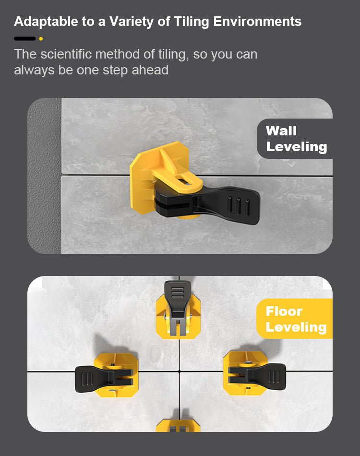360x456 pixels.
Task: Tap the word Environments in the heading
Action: click(x=257, y=22)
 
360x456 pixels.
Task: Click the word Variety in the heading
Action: click(x=132, y=22)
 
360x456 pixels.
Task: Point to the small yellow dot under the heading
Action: click(x=41, y=39)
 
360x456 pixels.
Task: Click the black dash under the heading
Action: click(x=24, y=39)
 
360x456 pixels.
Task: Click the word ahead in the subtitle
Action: click(x=150, y=70)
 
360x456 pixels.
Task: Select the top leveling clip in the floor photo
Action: click(x=178, y=309)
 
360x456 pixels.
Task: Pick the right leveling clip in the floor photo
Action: click(x=254, y=373)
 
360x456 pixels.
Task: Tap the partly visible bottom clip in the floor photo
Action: click(x=178, y=425)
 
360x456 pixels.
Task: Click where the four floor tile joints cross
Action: click(x=180, y=372)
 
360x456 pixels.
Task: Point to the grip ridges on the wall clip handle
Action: click(x=239, y=206)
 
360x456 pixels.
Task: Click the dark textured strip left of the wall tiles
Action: click(x=44, y=176)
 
